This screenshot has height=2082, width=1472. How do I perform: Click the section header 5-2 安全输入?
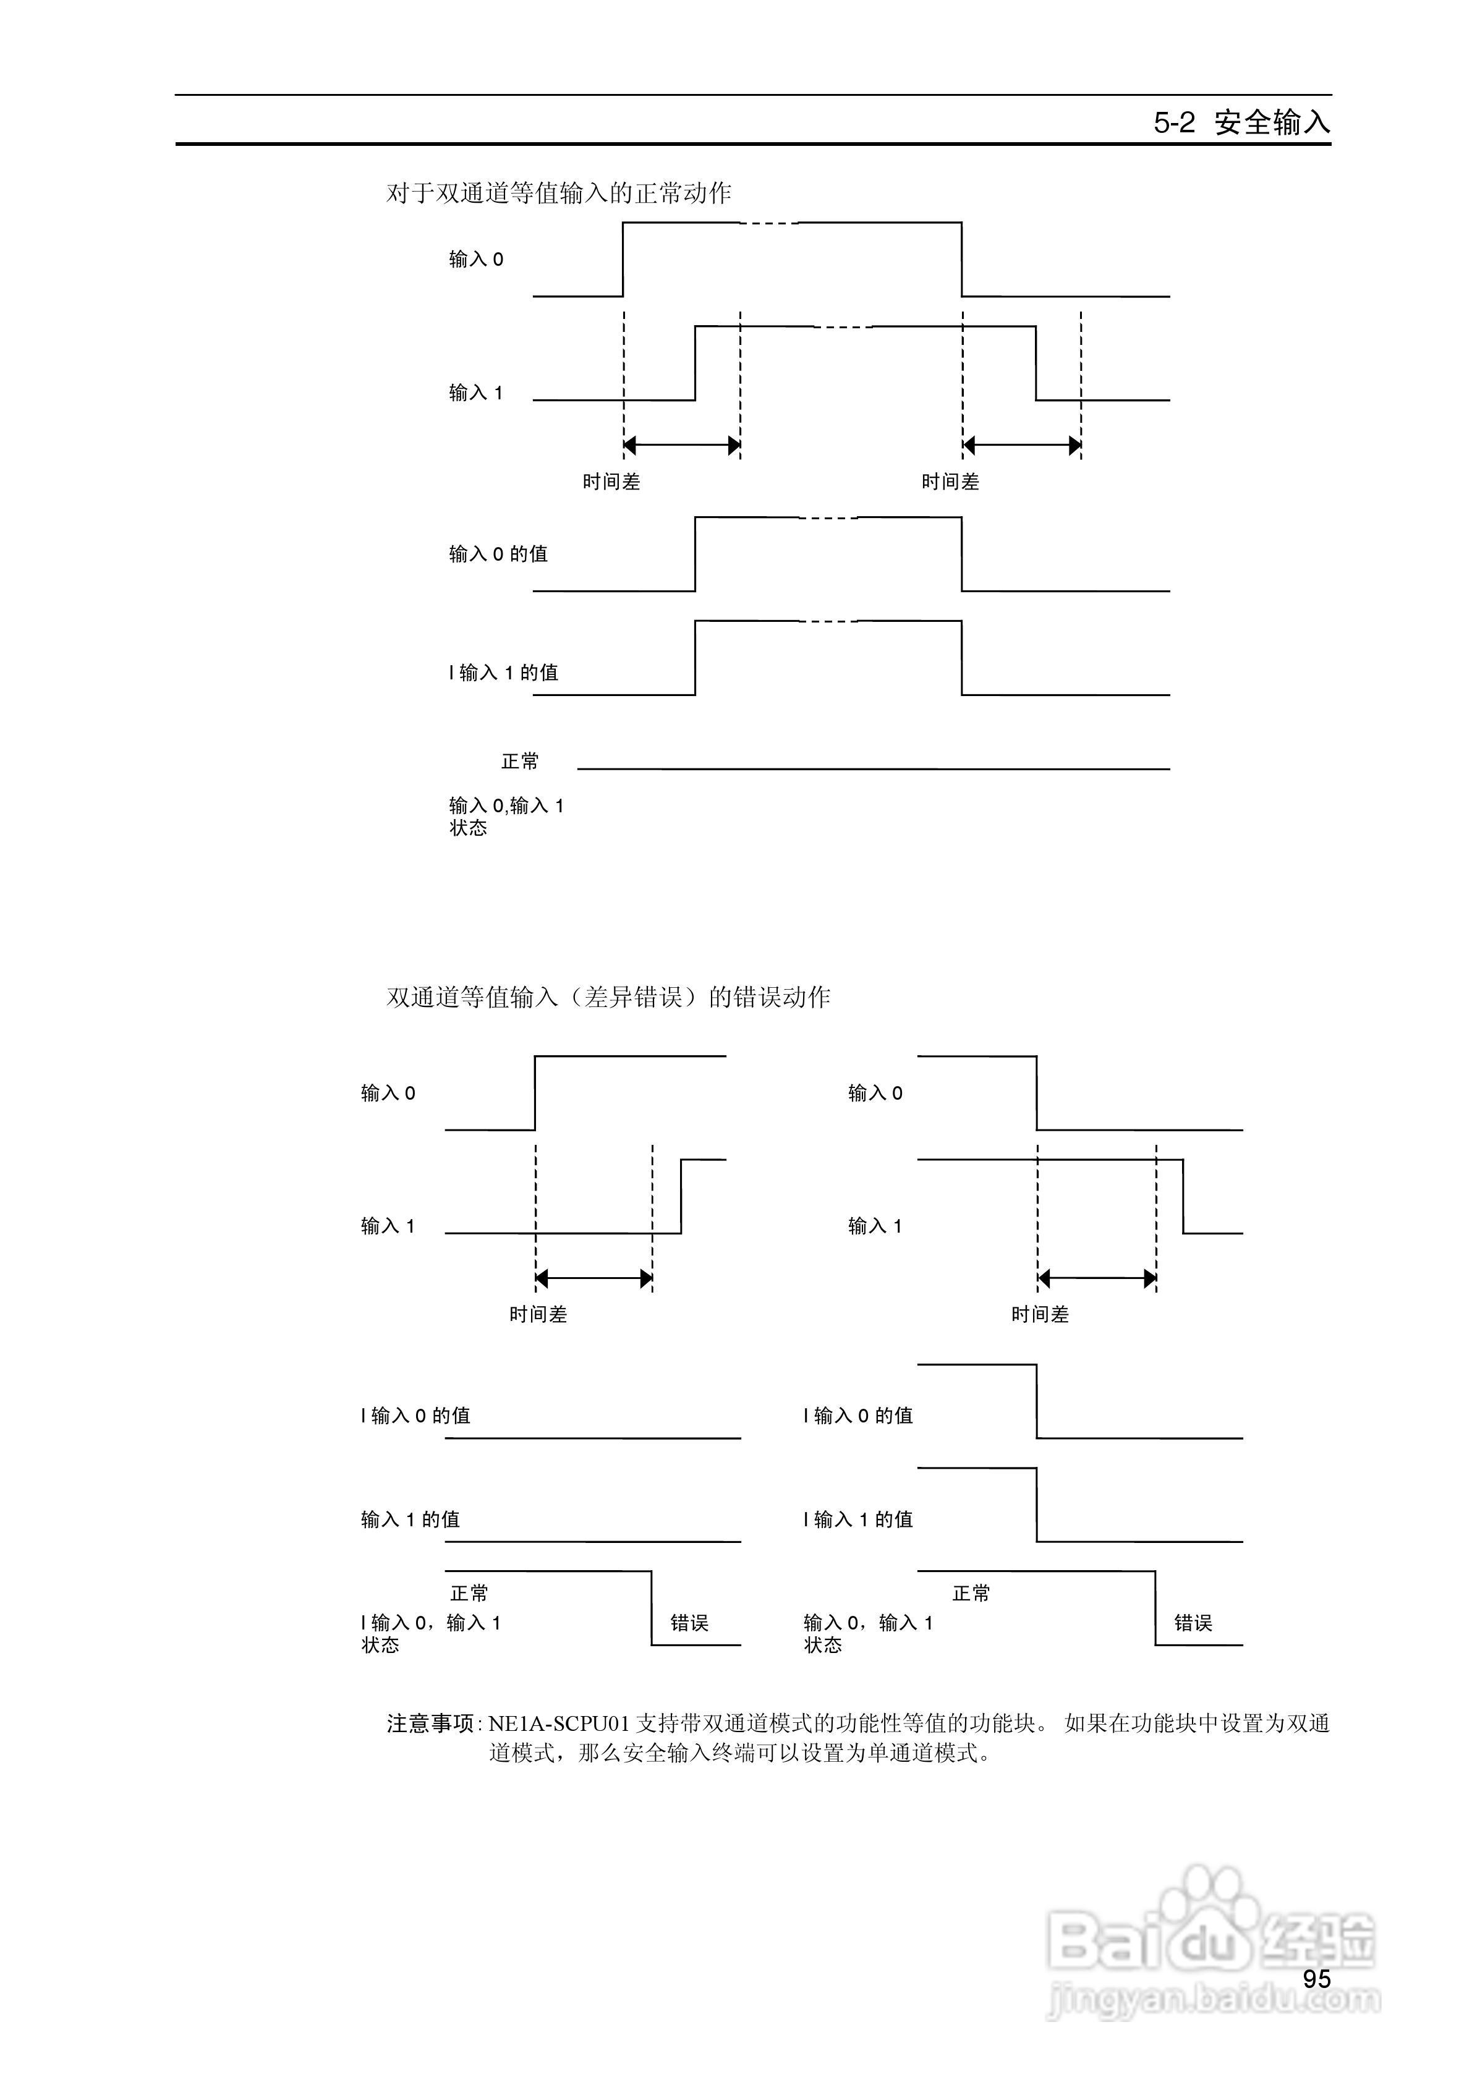pos(1241,122)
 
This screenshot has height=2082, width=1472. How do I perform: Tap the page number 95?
pos(1316,1979)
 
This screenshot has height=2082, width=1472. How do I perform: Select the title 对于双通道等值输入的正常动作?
pos(559,193)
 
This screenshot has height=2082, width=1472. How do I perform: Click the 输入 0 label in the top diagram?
pos(476,260)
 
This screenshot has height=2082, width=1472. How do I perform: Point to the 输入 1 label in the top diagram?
pos(476,393)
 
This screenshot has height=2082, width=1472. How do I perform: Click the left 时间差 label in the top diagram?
pos(611,482)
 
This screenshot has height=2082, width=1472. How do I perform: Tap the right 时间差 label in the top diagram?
pos(950,482)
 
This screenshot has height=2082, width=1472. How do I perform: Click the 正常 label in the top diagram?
pos(520,762)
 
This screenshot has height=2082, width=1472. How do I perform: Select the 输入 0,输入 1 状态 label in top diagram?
pos(506,816)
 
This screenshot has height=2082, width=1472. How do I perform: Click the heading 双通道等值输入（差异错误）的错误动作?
pos(608,998)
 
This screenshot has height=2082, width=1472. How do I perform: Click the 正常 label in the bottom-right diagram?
pos(971,1593)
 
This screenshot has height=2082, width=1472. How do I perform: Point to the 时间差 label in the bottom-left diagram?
pos(538,1314)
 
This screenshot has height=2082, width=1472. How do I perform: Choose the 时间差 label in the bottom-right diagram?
pos(1040,1314)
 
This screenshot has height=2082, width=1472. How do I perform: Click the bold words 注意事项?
pos(431,1723)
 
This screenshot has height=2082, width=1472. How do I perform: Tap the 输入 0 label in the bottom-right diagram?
pos(875,1093)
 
